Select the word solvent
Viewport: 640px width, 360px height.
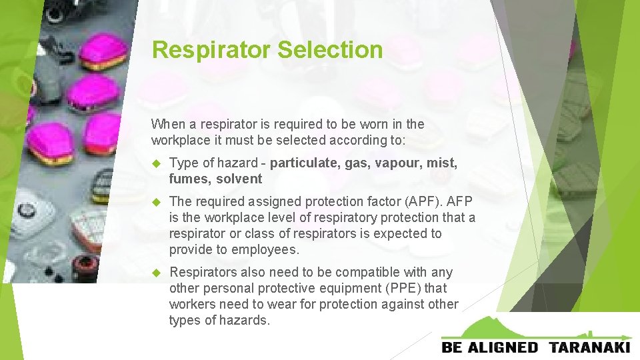click(239, 179)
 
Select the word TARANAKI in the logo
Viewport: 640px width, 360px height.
click(590, 347)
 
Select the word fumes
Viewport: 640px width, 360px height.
click(189, 179)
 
